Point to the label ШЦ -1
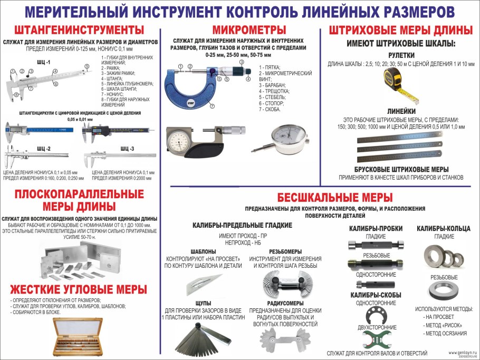pyautogui.click(x=44, y=63)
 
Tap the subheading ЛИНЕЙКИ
pyautogui.click(x=401, y=112)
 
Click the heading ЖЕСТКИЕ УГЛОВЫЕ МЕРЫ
pyautogui.click(x=79, y=289)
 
